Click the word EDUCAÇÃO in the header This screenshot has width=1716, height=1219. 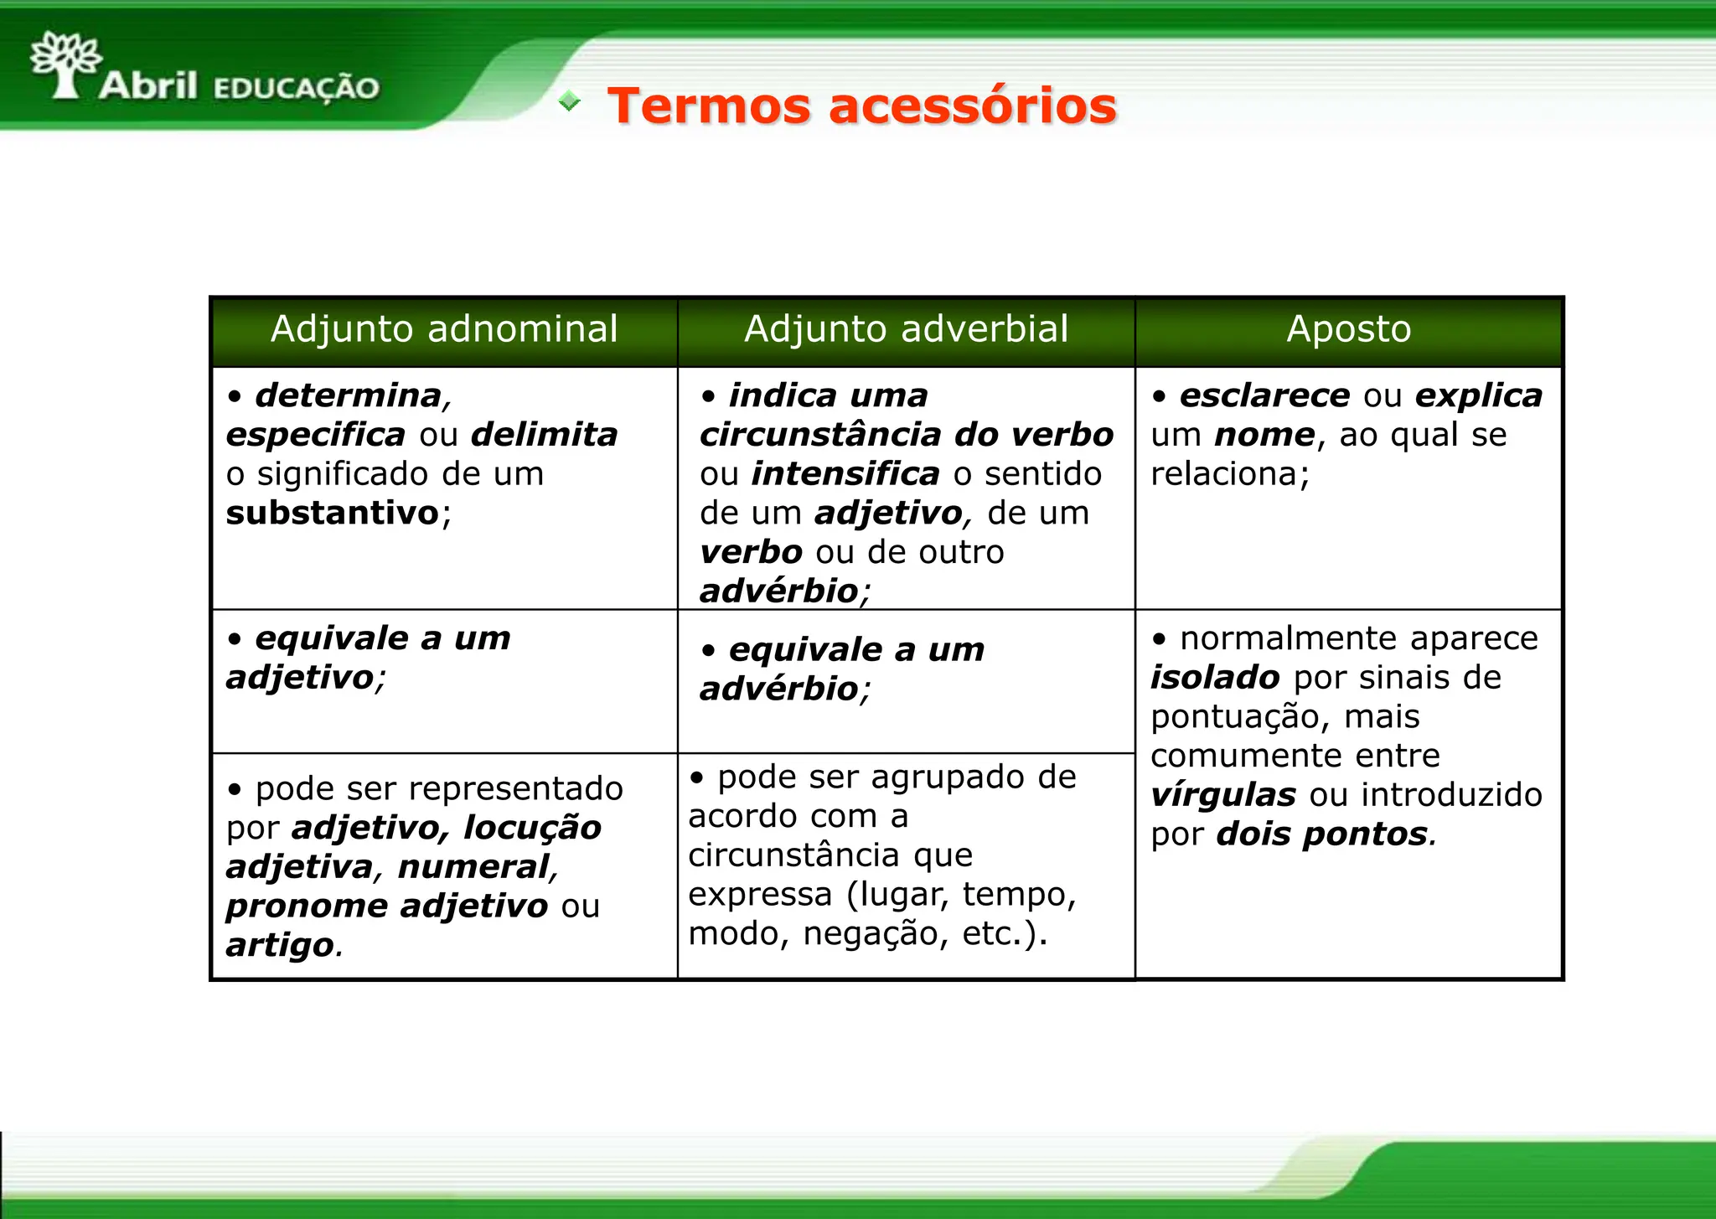click(x=297, y=88)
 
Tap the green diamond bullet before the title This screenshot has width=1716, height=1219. click(x=570, y=102)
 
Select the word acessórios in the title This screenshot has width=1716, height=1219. click(x=972, y=106)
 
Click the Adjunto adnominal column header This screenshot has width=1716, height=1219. click(x=444, y=329)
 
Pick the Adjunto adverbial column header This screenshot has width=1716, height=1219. click(x=906, y=329)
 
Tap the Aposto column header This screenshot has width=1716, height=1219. click(x=1348, y=329)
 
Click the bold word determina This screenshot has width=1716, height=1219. click(x=349, y=395)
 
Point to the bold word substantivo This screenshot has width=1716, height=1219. click(x=333, y=513)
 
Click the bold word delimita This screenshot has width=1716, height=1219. click(x=544, y=435)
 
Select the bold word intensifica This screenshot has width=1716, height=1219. click(x=845, y=474)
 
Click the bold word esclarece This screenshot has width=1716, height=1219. click(x=1264, y=395)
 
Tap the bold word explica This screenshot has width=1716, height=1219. click(x=1478, y=395)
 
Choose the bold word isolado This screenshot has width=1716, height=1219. click(x=1214, y=677)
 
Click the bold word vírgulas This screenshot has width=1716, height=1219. click(x=1222, y=795)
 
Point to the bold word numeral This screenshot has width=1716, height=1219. click(x=473, y=866)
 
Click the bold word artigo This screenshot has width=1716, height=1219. click(x=280, y=945)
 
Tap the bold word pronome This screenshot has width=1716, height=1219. click(x=307, y=906)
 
